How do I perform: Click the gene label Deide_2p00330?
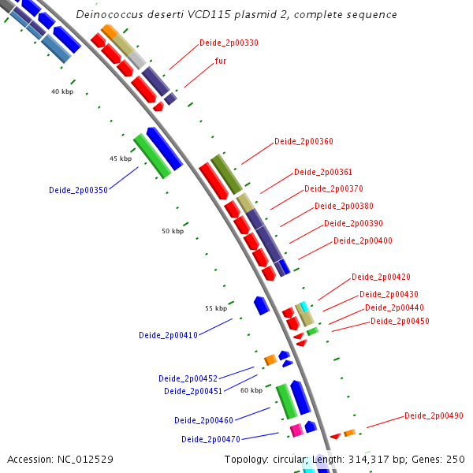(x=229, y=43)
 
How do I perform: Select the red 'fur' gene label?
(x=221, y=61)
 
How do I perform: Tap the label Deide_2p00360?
(x=304, y=142)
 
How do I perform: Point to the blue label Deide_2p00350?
(x=78, y=190)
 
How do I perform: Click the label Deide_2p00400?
(x=363, y=240)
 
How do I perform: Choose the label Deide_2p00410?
(x=168, y=335)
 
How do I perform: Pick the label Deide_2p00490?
(x=434, y=415)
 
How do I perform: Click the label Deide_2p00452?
(x=188, y=378)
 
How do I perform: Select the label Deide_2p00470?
(x=210, y=439)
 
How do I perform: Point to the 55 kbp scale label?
(x=216, y=308)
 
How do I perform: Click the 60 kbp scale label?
(x=251, y=390)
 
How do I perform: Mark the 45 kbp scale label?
(x=121, y=158)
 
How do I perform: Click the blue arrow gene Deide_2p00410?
(x=261, y=306)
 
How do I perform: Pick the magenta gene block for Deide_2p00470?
(x=296, y=430)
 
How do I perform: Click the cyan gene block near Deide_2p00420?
(x=304, y=306)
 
